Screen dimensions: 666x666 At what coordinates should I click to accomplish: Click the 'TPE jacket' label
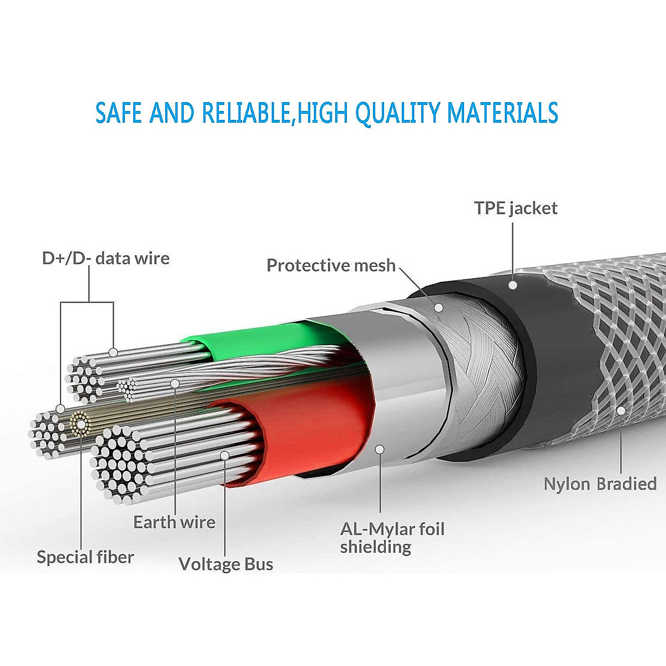(516, 209)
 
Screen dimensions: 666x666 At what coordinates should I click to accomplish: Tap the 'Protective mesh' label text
(331, 265)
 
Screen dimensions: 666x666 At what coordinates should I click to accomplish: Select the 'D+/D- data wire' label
(105, 258)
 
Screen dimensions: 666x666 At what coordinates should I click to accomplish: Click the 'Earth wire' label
(174, 522)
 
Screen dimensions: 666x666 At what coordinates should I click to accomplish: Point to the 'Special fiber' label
(85, 557)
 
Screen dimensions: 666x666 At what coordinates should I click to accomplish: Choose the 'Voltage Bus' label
(226, 564)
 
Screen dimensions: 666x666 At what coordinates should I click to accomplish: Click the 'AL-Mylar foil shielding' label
(392, 537)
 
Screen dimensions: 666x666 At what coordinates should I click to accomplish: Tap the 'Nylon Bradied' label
(600, 484)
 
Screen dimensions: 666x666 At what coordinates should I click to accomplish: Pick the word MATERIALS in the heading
(503, 112)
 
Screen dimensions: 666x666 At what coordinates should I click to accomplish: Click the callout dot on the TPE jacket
(513, 285)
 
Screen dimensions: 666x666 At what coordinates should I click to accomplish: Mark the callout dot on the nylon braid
(621, 411)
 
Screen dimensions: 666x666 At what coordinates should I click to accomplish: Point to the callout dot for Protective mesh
(438, 306)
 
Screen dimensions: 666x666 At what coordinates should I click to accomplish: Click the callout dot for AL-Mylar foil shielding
(380, 449)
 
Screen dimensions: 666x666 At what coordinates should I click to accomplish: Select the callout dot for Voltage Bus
(225, 455)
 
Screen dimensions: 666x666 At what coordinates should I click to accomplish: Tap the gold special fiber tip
(80, 426)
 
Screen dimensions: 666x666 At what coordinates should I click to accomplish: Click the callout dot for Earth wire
(175, 383)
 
